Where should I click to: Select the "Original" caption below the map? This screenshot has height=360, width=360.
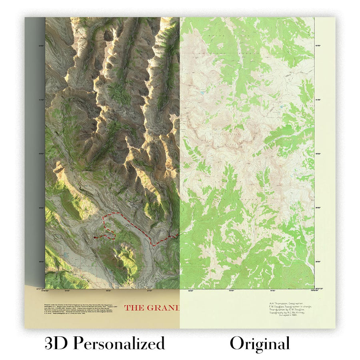pos(259,344)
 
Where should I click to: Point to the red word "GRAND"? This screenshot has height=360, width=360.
pos(164,308)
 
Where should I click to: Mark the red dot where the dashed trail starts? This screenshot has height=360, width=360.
pos(95,237)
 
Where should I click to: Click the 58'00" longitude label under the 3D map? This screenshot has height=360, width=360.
pos(108,291)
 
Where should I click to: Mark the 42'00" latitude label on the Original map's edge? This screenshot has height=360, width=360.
pos(319,46)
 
